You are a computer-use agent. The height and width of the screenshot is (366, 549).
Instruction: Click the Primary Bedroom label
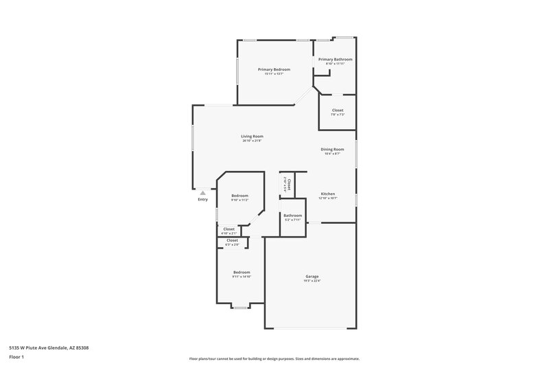274,69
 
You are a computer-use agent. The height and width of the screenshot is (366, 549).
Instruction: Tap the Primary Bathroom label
335,60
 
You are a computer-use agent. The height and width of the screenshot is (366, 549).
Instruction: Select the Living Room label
252,136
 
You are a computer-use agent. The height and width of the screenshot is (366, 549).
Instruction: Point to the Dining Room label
332,149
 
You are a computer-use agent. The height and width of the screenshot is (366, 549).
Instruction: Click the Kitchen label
328,194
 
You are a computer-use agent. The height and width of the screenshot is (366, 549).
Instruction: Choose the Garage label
312,276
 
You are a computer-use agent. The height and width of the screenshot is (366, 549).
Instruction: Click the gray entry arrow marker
202,193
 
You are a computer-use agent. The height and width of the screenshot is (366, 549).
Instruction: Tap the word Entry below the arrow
202,200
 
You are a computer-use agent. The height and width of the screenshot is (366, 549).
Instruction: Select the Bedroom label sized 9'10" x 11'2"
240,196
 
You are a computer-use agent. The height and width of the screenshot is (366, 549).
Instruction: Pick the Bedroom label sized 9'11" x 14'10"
241,272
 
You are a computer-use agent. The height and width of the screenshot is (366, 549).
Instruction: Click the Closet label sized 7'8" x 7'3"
338,110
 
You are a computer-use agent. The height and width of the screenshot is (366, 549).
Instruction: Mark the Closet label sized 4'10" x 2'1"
229,229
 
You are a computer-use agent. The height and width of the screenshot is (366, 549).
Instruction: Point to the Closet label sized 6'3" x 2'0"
232,240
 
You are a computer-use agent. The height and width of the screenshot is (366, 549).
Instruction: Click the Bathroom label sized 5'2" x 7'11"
292,215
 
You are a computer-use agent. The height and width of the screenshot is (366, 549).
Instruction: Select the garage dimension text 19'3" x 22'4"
312,281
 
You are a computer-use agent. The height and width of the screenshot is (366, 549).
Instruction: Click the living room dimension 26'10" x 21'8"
252,141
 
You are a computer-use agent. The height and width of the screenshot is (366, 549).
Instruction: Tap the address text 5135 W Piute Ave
49,347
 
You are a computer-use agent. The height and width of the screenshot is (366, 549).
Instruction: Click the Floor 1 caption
16,357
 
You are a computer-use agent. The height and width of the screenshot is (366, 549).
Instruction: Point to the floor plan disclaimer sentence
274,358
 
